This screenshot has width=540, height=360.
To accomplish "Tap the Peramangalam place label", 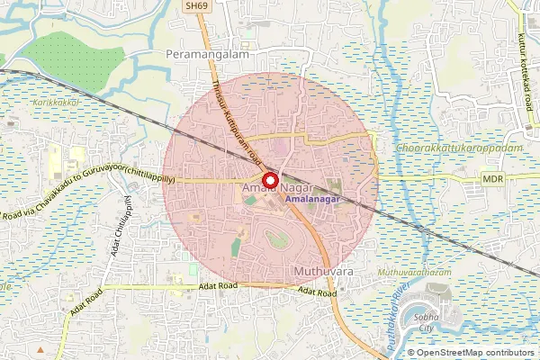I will [207, 55].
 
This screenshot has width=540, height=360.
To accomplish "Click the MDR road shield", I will [492, 180].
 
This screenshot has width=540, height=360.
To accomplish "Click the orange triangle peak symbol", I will [40, 347].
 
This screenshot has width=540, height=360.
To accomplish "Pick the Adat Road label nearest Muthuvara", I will [318, 291].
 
